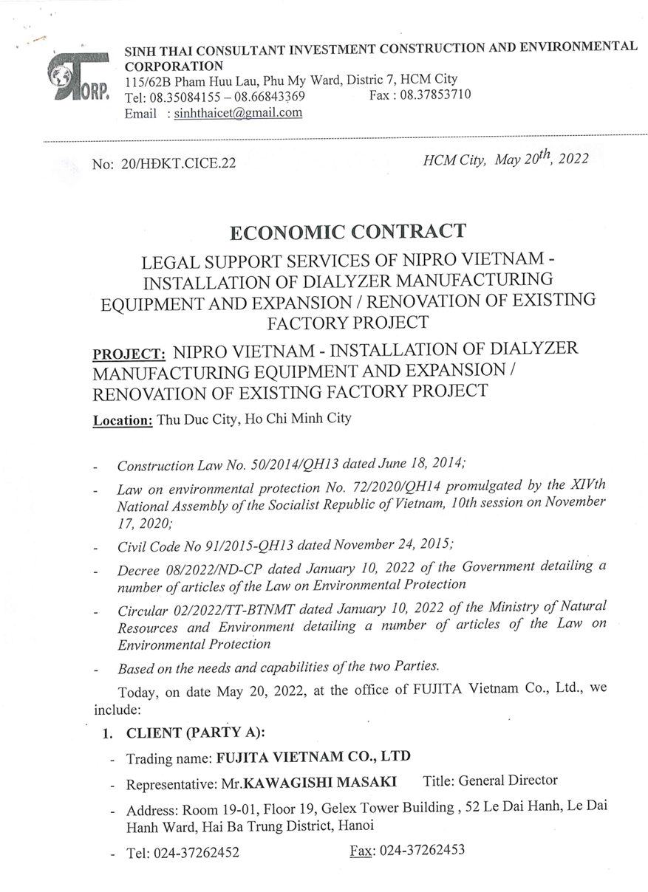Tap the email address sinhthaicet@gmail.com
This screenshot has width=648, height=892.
[238, 113]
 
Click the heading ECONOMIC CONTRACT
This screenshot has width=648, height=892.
[348, 232]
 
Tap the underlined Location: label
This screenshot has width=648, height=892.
[123, 421]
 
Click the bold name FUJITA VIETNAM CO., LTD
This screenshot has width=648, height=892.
[313, 758]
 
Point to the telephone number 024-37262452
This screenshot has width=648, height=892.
[196, 853]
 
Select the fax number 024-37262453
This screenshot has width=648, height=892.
[422, 850]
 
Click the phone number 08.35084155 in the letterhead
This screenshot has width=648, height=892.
[185, 97]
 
